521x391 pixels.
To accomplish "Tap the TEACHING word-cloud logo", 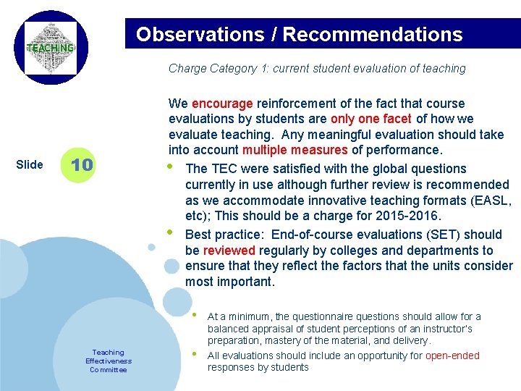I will click(x=51, y=48).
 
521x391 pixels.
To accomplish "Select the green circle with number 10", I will click(x=82, y=164).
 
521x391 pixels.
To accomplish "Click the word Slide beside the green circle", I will click(x=29, y=164).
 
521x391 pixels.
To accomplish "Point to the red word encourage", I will click(x=222, y=104).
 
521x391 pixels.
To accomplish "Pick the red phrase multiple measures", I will click(x=295, y=151).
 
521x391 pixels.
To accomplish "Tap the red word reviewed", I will click(x=229, y=251).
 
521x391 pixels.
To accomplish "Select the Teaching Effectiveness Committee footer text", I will click(x=109, y=361).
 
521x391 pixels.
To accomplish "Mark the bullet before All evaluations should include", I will click(x=193, y=355).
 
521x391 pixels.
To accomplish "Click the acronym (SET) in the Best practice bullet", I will click(x=436, y=235).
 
